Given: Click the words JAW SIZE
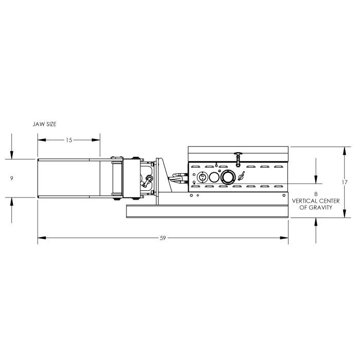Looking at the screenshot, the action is coord(44,124).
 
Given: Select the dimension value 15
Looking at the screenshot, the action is coord(69,140).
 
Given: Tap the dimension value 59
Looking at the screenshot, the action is coord(163,238).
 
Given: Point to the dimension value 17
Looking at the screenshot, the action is coord(345,182).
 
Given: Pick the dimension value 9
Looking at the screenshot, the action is coord(11,178).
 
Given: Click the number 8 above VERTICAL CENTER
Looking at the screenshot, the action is coord(316,194).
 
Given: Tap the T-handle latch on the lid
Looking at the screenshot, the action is coord(238,159).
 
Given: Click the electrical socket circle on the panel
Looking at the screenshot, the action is coord(203,177).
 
